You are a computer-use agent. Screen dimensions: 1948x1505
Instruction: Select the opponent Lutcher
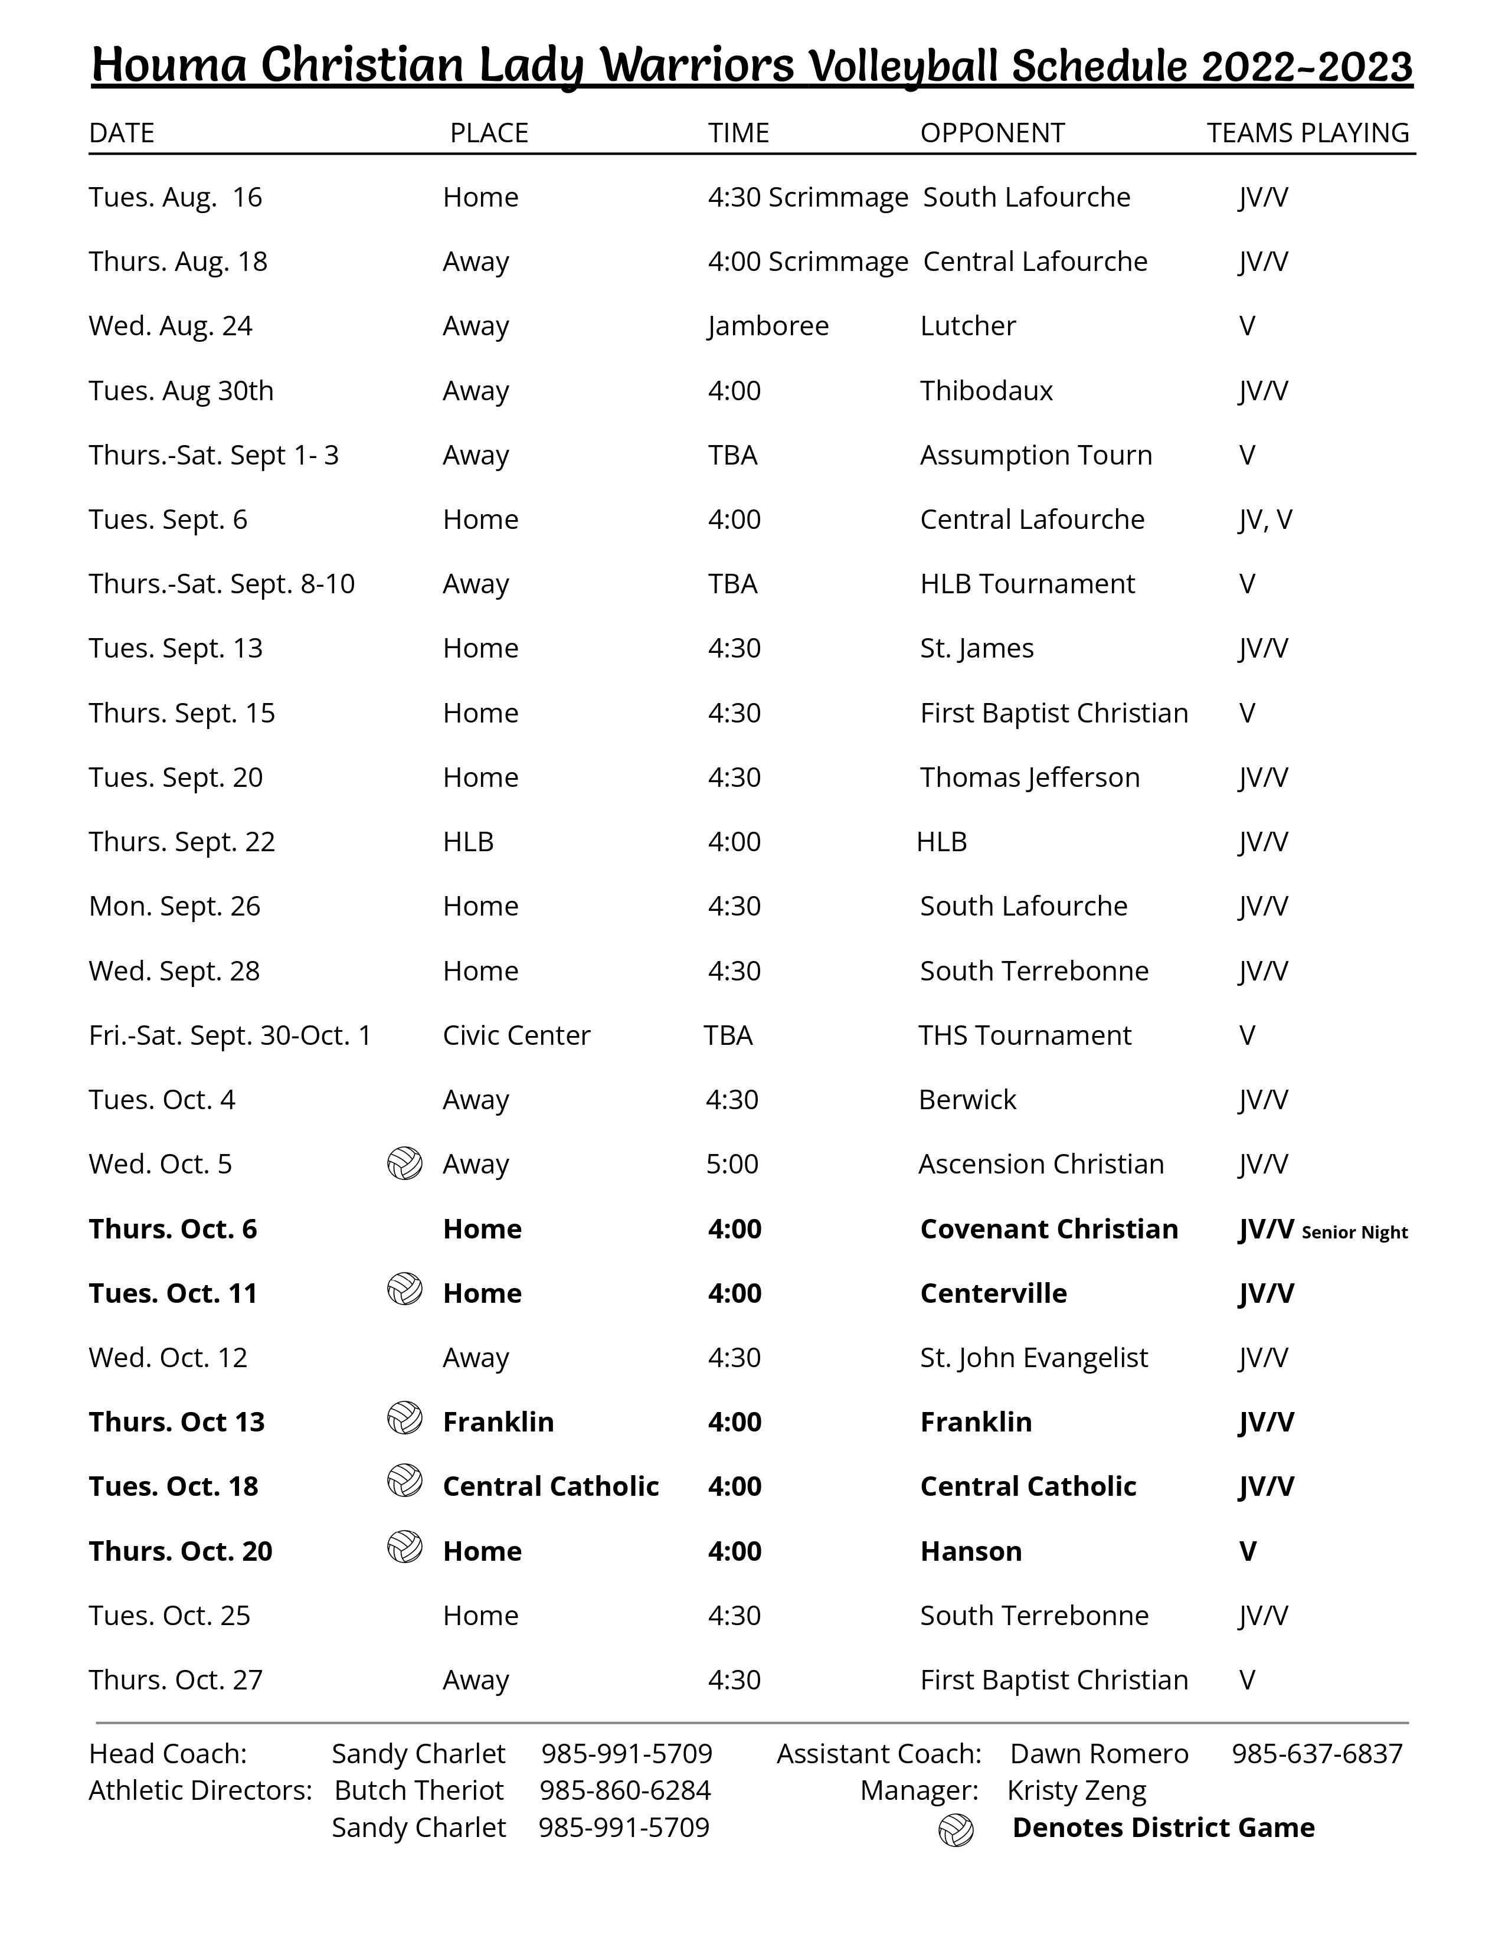(x=967, y=326)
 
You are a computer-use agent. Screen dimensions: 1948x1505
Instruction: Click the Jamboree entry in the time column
(x=768, y=326)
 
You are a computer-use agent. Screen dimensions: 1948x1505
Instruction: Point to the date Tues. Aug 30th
(x=181, y=391)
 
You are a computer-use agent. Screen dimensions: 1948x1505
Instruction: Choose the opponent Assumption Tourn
(x=1035, y=455)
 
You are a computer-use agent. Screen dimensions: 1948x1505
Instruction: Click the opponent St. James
(x=976, y=648)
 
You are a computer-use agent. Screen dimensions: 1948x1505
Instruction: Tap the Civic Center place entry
(x=516, y=1035)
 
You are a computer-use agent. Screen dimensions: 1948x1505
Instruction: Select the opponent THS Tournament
(x=1025, y=1035)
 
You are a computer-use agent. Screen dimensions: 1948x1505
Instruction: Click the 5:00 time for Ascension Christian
(x=732, y=1164)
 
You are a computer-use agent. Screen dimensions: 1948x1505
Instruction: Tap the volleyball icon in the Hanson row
(x=405, y=1548)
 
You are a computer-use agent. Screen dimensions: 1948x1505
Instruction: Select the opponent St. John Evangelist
(x=1033, y=1358)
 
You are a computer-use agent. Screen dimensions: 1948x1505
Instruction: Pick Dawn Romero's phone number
(x=1317, y=1754)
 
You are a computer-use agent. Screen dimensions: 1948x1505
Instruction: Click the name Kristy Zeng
(x=1076, y=1790)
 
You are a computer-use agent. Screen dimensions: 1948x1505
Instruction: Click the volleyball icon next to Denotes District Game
(x=956, y=1831)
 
